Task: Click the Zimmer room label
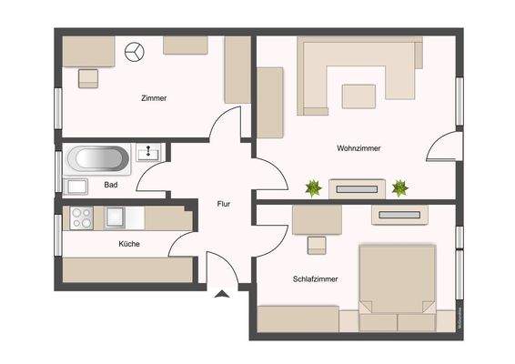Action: pyautogui.click(x=154, y=97)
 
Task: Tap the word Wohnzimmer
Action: pyautogui.click(x=358, y=147)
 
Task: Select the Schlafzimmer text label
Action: pyautogui.click(x=316, y=279)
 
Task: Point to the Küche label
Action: pyautogui.click(x=128, y=244)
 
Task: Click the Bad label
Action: pyautogui.click(x=111, y=185)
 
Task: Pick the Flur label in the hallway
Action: pyautogui.click(x=223, y=204)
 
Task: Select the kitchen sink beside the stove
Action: pyautogui.click(x=115, y=217)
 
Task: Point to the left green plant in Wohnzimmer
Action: pyautogui.click(x=313, y=188)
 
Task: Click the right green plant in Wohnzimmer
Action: pyautogui.click(x=399, y=188)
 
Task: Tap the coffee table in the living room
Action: pyautogui.click(x=359, y=94)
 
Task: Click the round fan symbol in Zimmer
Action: pyautogui.click(x=135, y=53)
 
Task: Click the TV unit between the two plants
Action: pyautogui.click(x=357, y=189)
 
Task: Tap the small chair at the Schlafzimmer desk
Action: pyautogui.click(x=316, y=245)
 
